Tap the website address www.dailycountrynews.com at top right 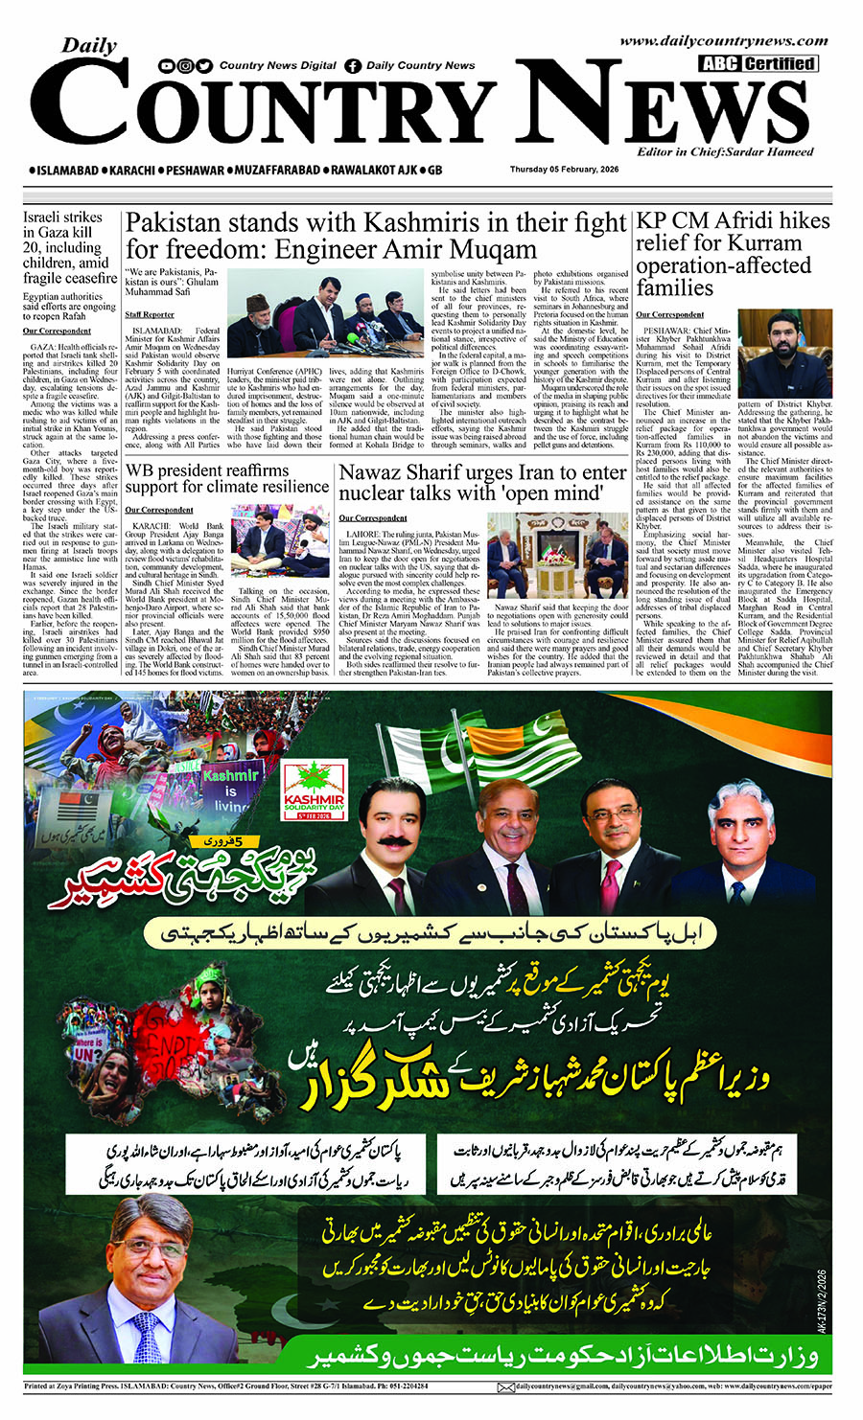pyautogui.click(x=723, y=41)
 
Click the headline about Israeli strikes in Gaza pyautogui.click(x=69, y=247)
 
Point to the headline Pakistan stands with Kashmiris pyautogui.click(x=376, y=236)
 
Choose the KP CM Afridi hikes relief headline pyautogui.click(x=733, y=254)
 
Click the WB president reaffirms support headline pyautogui.click(x=227, y=478)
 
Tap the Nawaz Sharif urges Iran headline pyautogui.click(x=482, y=483)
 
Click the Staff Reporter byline pyautogui.click(x=150, y=314)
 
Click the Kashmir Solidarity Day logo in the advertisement pyautogui.click(x=315, y=790)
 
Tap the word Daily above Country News pyautogui.click(x=89, y=45)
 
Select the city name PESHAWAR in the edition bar pyautogui.click(x=195, y=171)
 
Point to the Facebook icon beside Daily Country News pyautogui.click(x=353, y=66)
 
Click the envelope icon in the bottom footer pyautogui.click(x=505, y=1386)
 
